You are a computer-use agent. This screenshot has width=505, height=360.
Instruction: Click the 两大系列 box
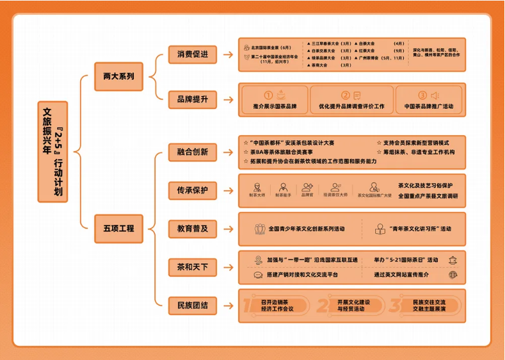point(118,76)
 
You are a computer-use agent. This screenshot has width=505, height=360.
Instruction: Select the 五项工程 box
point(118,227)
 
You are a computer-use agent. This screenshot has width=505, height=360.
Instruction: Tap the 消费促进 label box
point(193,54)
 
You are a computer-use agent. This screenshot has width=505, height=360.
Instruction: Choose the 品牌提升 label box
point(193,99)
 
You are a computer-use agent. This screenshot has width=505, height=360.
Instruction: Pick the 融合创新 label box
point(193,152)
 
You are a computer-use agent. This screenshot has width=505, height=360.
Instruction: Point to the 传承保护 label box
point(193,190)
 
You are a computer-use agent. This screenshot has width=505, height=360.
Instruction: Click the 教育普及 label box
point(193,229)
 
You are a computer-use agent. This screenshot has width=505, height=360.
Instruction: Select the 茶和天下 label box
point(193,266)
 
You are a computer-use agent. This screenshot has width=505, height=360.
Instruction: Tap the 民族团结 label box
point(193,306)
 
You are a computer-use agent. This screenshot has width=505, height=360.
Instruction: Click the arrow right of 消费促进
point(228,54)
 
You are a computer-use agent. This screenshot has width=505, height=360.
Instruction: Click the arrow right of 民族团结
point(228,306)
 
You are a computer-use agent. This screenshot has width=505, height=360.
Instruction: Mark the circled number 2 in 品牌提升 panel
point(346,95)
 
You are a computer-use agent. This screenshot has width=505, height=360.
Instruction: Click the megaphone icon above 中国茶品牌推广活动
point(435,95)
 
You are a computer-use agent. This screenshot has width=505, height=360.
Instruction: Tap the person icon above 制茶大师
point(257,187)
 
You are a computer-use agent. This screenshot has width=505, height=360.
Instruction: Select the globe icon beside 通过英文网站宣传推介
point(453,275)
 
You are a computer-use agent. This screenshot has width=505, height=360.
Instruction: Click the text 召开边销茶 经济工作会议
point(277,305)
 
